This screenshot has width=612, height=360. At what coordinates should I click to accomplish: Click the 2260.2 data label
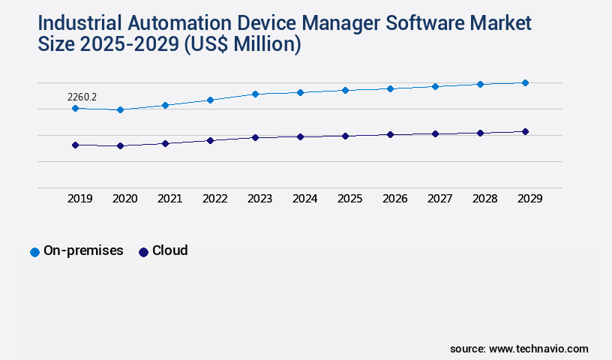click(82, 97)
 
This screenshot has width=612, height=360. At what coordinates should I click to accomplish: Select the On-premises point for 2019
click(75, 109)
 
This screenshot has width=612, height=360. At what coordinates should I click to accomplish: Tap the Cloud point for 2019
click(75, 145)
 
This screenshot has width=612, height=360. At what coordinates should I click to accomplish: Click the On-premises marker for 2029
click(525, 82)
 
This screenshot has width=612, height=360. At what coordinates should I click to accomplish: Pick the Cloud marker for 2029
click(525, 132)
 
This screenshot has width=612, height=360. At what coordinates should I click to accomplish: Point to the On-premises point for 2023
click(255, 94)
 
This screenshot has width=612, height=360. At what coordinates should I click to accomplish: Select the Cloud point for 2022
click(210, 140)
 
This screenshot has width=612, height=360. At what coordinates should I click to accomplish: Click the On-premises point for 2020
click(120, 110)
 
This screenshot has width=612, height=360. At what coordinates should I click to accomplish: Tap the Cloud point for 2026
click(390, 135)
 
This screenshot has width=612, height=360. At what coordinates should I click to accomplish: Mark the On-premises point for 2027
click(435, 86)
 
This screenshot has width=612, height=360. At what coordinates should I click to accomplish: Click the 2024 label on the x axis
click(304, 199)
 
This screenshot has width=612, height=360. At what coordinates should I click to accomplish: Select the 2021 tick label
click(169, 199)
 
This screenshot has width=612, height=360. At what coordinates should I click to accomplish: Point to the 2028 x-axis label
click(484, 199)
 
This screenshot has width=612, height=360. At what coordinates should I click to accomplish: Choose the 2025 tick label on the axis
click(349, 199)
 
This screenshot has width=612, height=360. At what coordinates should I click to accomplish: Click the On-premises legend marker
click(34, 252)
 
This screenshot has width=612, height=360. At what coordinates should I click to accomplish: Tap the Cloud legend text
click(169, 250)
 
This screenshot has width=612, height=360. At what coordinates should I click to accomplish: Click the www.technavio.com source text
click(538, 349)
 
